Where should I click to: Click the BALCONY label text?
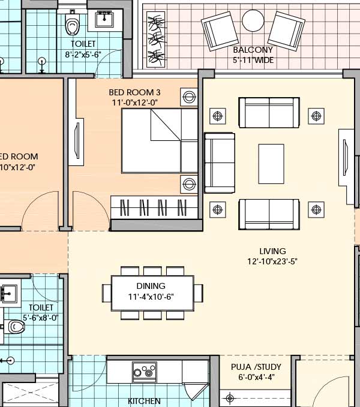253,50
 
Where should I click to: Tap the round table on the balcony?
253,22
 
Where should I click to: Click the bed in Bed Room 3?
160,141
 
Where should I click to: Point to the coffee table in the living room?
271,163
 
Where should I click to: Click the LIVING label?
272,251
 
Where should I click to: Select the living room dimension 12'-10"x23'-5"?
272,261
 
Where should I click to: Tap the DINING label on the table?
151,287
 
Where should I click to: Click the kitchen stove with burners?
145,372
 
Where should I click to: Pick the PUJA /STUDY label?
256,367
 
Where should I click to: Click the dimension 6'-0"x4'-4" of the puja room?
256,378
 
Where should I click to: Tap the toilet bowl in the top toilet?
73,26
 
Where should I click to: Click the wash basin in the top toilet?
106,19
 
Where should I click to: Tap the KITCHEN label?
144,400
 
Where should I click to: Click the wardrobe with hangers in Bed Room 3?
155,207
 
